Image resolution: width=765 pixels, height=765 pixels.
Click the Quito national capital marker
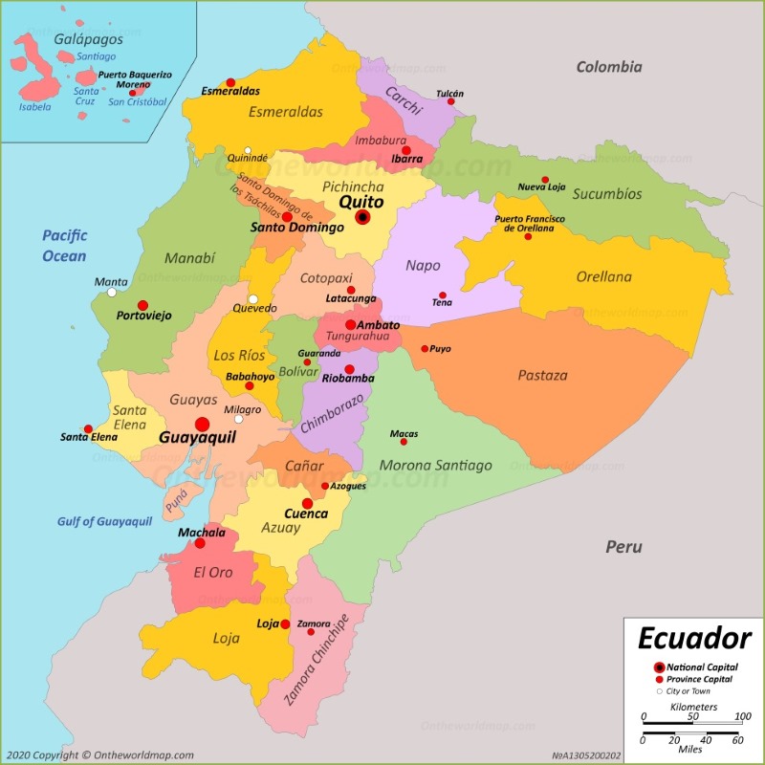point(362,218)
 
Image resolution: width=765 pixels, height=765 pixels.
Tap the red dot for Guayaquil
point(202,425)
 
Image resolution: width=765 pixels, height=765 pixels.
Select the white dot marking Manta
point(112,293)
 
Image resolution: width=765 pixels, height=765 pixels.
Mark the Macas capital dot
point(404,442)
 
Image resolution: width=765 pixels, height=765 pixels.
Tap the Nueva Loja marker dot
point(545,180)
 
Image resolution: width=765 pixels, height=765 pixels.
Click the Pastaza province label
point(542,376)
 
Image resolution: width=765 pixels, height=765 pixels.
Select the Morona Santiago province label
point(436,466)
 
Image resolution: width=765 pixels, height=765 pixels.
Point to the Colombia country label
point(608,67)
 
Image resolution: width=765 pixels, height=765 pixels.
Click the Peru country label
point(623,547)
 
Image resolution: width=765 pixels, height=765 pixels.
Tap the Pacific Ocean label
point(64,246)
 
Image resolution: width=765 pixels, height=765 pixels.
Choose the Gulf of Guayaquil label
point(104,521)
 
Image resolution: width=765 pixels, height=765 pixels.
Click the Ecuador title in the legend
point(694,638)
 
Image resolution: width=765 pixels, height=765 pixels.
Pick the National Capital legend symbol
point(659,667)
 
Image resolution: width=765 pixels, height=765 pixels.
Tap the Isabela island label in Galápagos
point(34,107)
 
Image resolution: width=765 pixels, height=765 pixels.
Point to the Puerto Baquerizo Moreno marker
point(133,93)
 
